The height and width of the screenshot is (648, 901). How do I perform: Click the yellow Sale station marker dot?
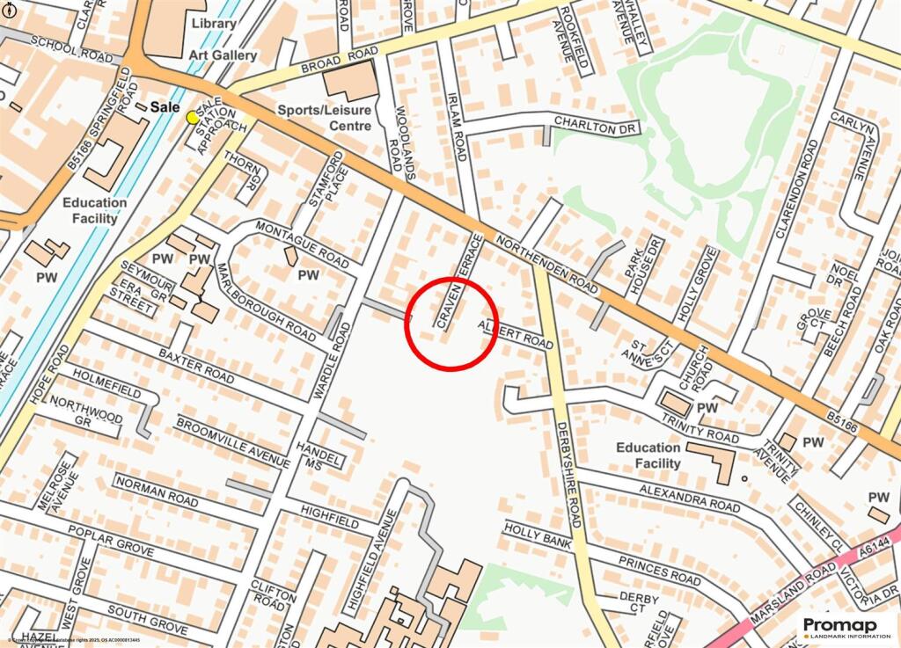tap(193, 117)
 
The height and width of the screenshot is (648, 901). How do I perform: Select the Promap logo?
tap(846, 627)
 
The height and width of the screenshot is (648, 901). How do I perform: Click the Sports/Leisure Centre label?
tap(325, 118)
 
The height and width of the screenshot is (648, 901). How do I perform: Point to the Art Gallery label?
tap(223, 55)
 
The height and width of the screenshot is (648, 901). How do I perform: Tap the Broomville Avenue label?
tap(232, 442)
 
